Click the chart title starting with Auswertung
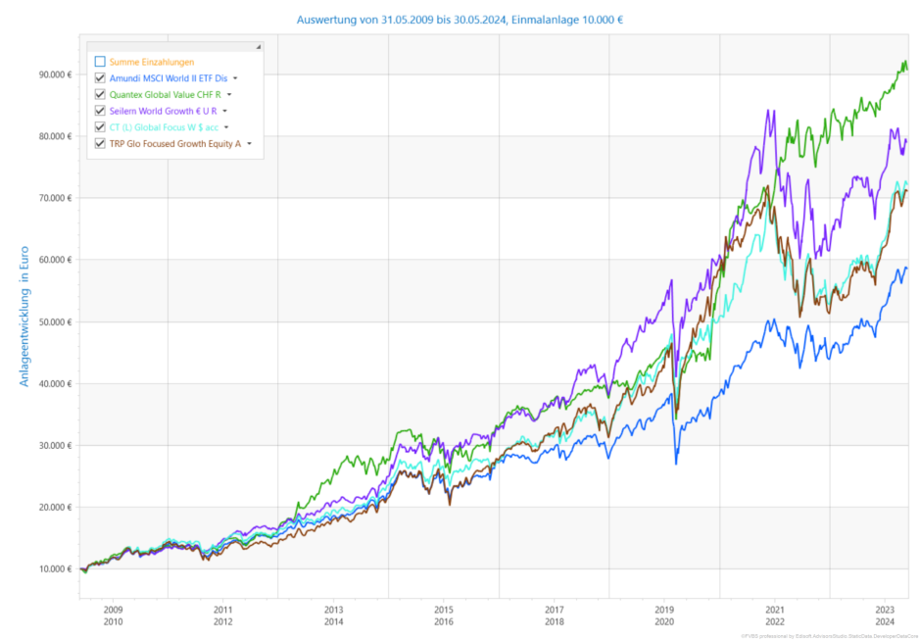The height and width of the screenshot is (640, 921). (460, 18)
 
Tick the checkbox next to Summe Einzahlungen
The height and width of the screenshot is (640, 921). (100, 62)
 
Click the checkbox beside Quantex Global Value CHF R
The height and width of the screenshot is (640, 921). (100, 94)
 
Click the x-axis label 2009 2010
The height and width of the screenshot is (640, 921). (113, 615)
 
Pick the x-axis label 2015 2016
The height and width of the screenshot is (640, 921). (444, 615)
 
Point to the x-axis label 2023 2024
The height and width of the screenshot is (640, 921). (886, 615)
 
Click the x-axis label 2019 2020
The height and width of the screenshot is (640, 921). (665, 615)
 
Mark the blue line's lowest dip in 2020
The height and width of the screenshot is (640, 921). (675, 463)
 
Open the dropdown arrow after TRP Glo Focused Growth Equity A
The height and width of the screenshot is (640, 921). (249, 144)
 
